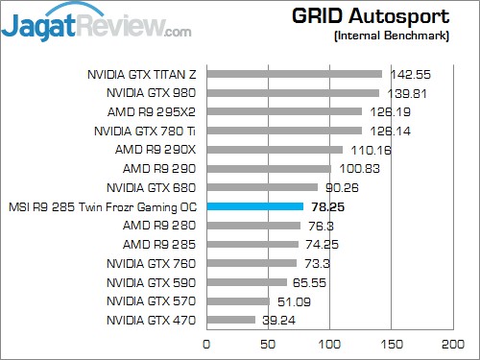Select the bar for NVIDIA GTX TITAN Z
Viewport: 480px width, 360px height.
pos(294,73)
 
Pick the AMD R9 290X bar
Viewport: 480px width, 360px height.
pos(274,149)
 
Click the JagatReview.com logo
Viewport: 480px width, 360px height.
pos(96,23)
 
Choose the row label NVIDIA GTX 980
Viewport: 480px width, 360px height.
pos(151,92)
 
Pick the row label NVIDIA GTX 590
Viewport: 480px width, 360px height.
pos(151,282)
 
